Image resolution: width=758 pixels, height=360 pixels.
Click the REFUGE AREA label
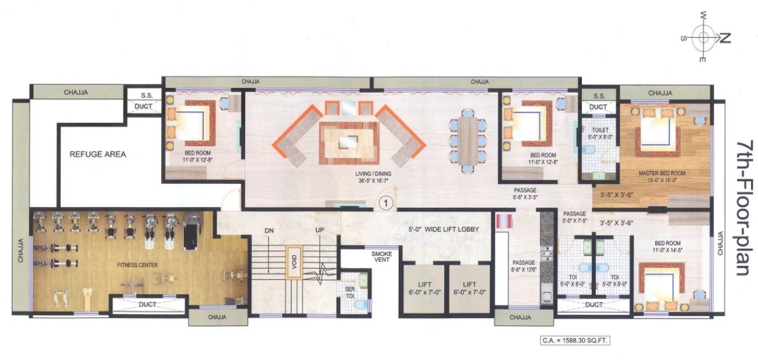(98, 154)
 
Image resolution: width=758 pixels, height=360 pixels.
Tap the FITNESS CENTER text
(137, 265)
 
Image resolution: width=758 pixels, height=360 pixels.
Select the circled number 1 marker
(386, 203)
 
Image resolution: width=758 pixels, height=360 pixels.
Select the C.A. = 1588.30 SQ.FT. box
(575, 340)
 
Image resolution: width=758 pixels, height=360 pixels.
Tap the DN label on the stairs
(270, 230)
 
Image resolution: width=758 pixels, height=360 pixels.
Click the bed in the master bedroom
(656, 132)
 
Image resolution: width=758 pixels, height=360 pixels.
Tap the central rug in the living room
(349, 141)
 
